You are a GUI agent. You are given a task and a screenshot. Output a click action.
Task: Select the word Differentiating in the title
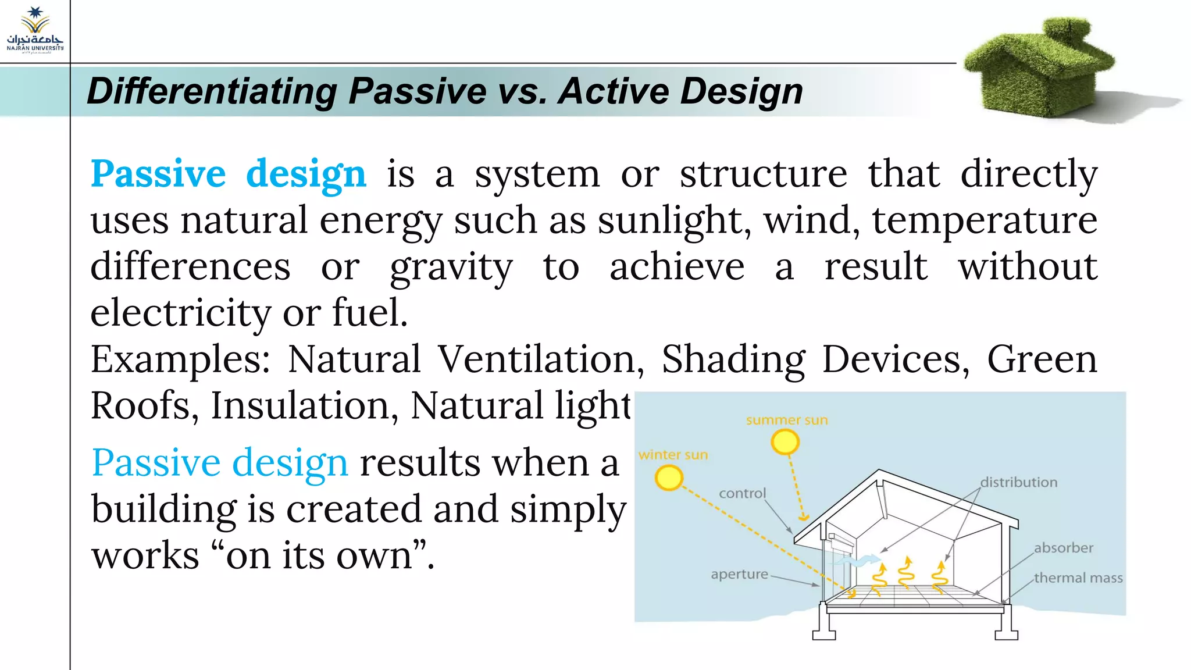point(212,92)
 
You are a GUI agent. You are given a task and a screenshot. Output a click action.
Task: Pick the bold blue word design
point(306,174)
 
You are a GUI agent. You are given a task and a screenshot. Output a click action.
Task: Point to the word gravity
point(451,268)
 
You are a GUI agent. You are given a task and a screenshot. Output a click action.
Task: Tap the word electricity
point(180,313)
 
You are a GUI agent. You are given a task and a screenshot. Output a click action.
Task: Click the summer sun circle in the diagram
point(785,443)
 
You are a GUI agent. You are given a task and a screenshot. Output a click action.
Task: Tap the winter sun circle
point(668,479)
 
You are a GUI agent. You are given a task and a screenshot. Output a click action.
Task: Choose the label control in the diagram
point(742,493)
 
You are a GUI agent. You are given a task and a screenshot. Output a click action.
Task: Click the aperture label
point(739,574)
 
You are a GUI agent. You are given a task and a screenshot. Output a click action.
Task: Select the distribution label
point(1019,482)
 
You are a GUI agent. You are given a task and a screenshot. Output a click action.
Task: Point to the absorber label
point(1063,548)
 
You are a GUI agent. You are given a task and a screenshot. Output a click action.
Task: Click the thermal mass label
point(1078,578)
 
